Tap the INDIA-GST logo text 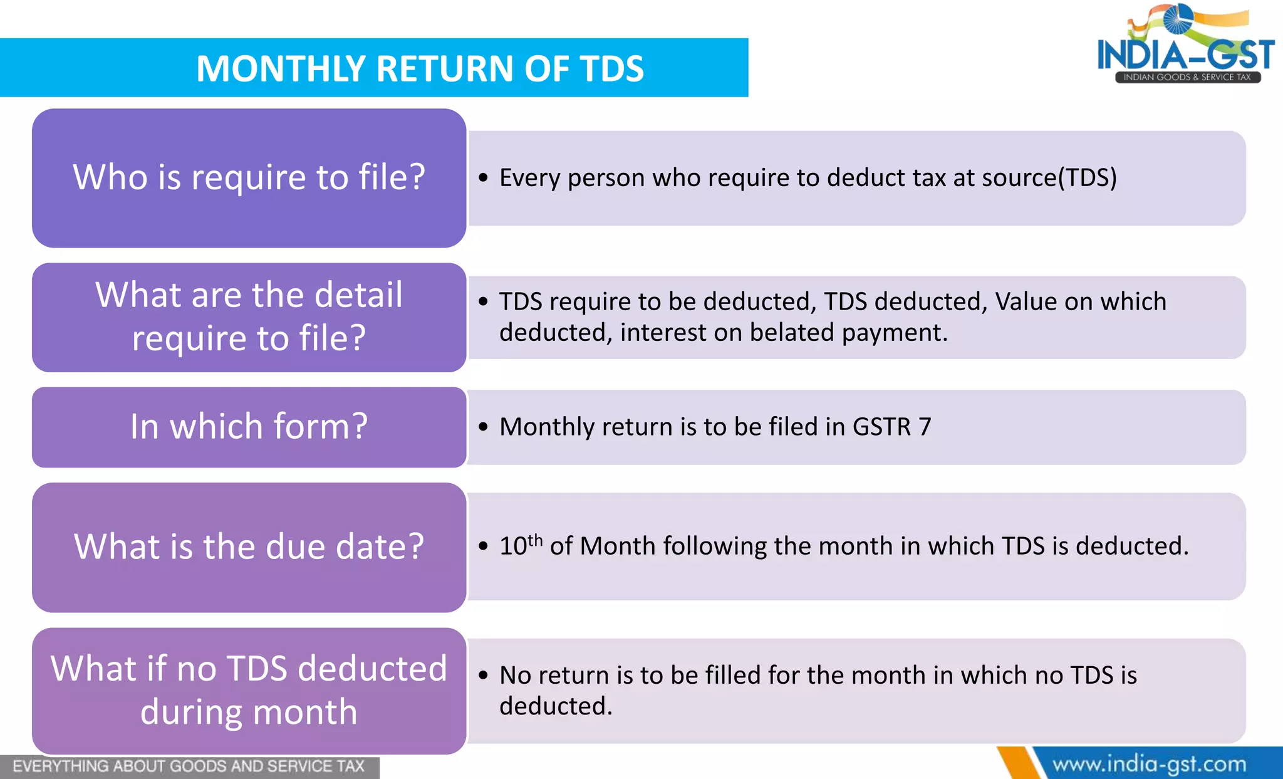[x=1185, y=55]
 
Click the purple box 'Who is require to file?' [x=249, y=177]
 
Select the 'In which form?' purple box [x=249, y=427]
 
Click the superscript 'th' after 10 [x=535, y=540]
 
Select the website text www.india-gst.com [x=1149, y=764]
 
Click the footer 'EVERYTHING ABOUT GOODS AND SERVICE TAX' [x=188, y=766]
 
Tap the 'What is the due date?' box [x=249, y=547]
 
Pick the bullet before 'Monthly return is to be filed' [x=483, y=427]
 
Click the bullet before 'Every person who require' [x=483, y=179]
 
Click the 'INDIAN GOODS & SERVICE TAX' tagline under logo [x=1187, y=77]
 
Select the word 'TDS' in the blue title [x=611, y=68]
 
